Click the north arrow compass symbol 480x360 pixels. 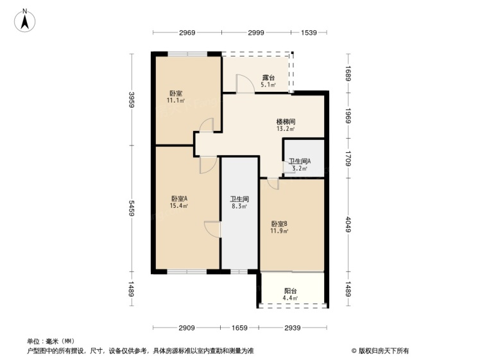click(25, 21)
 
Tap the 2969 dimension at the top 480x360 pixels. click(187, 33)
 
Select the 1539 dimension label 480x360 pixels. click(309, 33)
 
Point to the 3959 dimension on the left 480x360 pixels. click(132, 100)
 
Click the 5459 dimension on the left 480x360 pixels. click(132, 208)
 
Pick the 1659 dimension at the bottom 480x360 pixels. click(239, 328)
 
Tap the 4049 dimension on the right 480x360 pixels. click(348, 225)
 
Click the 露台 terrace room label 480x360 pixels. click(268, 78)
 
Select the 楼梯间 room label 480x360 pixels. click(286, 122)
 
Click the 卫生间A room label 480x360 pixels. click(300, 161)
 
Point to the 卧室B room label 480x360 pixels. click(279, 224)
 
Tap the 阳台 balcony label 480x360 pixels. click(290, 291)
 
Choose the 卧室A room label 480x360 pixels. click(179, 198)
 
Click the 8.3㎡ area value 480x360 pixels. click(239, 207)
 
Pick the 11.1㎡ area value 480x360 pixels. click(176, 100)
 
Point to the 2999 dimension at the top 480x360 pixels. click(256, 33)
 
